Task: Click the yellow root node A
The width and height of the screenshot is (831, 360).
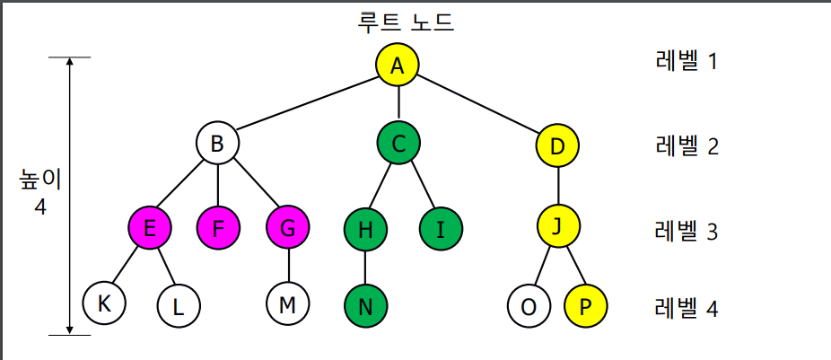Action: (398, 65)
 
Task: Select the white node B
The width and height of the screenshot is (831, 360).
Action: (218, 143)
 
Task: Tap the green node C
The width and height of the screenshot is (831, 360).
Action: (398, 143)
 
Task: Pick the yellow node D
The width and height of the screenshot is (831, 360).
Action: (557, 145)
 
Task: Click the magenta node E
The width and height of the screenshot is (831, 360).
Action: (150, 228)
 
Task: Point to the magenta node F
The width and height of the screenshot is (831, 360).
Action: (219, 228)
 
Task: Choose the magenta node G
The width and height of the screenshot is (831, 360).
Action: (288, 228)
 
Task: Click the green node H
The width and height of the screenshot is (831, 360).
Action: (365, 228)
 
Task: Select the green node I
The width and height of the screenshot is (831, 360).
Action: (441, 228)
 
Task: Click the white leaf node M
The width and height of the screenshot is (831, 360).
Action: (288, 304)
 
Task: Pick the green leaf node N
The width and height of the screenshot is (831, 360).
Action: (365, 305)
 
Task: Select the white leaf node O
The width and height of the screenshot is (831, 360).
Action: (529, 306)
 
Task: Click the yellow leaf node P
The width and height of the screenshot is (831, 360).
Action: (585, 306)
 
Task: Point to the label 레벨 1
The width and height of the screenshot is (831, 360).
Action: (687, 63)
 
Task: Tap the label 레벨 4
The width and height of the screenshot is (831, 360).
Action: (687, 309)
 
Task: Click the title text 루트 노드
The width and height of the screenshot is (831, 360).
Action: (406, 22)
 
